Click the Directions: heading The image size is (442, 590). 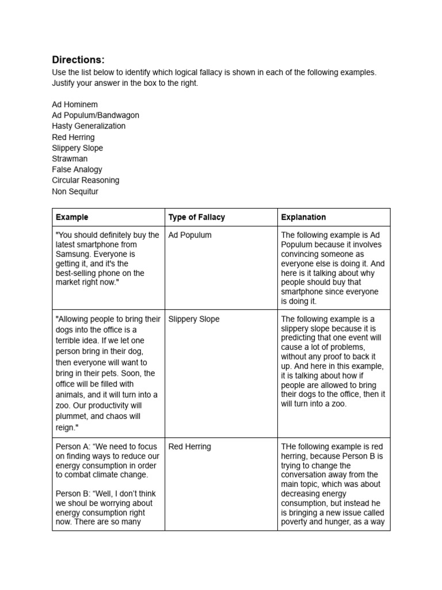click(x=78, y=60)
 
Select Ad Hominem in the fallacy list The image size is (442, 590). click(x=75, y=104)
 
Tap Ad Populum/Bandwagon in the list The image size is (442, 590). click(x=95, y=115)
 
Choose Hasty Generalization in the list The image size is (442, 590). click(x=88, y=126)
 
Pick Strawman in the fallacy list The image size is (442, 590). click(x=70, y=158)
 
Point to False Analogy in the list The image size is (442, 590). click(x=77, y=169)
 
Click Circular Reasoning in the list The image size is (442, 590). click(x=85, y=180)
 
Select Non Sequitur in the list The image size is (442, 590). click(x=75, y=191)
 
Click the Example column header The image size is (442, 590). click(x=72, y=217)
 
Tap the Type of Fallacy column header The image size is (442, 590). click(x=196, y=217)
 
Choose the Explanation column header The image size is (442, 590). click(x=303, y=217)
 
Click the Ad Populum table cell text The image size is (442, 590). click(x=189, y=235)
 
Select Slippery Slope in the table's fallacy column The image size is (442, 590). click(x=193, y=319)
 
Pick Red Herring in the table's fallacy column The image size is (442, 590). click(x=189, y=447)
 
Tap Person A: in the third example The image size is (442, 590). click(x=72, y=447)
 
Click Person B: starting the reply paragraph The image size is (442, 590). click(x=72, y=494)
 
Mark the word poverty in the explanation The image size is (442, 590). click(x=295, y=522)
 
